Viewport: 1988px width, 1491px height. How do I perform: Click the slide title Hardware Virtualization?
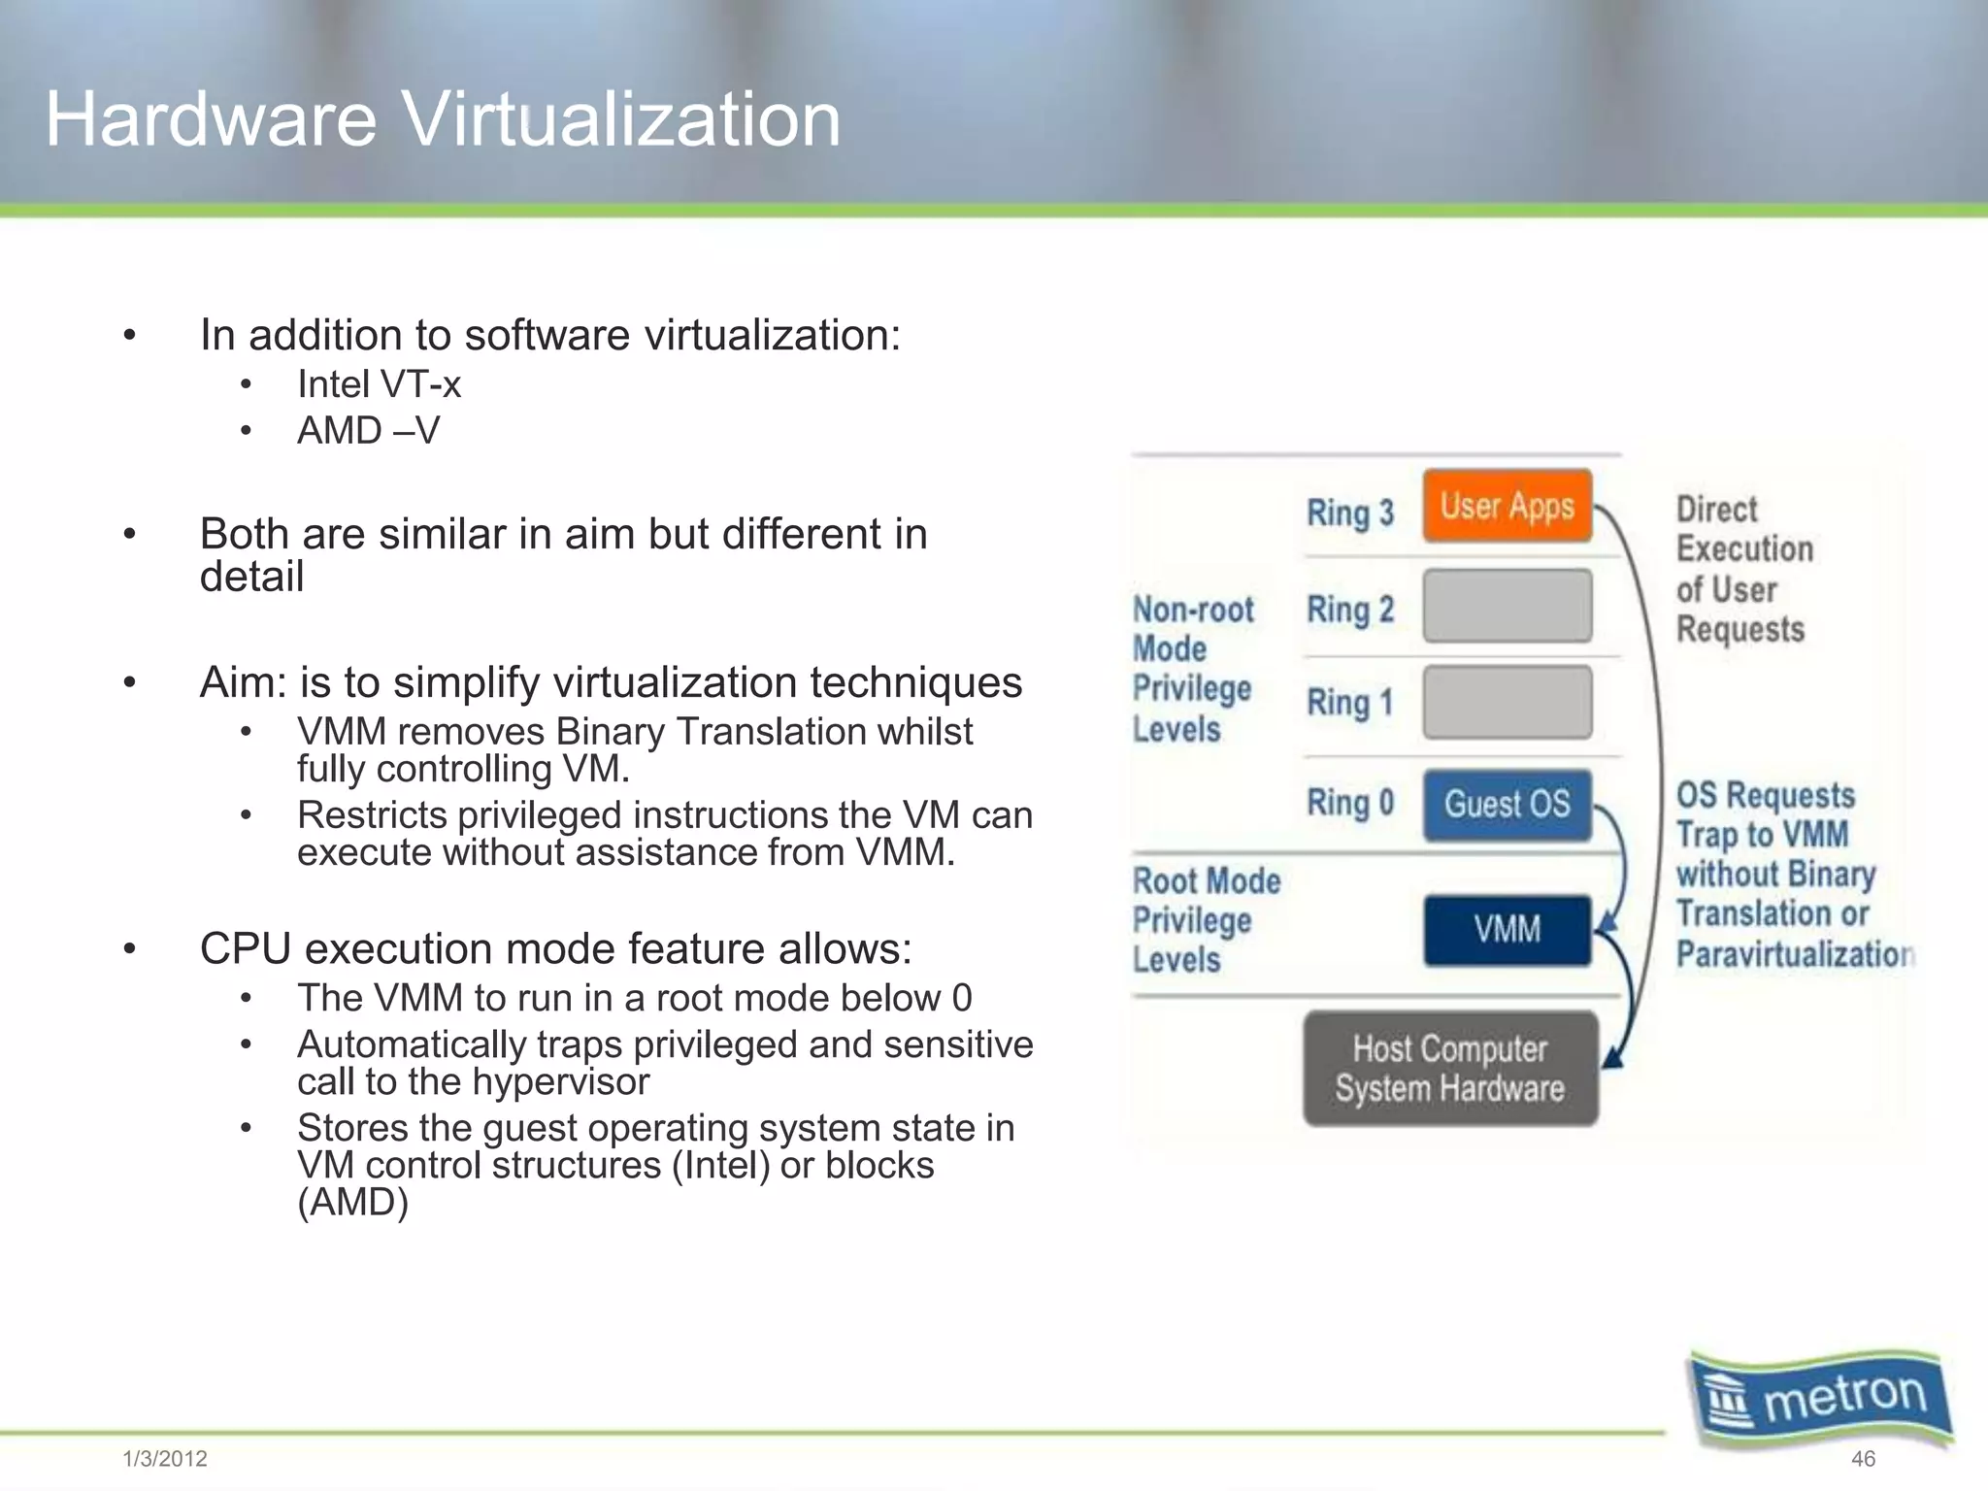443,118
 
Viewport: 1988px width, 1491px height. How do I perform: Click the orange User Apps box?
1507,506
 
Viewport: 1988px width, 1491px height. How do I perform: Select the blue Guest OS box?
1507,804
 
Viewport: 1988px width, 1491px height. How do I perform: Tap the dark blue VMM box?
1507,929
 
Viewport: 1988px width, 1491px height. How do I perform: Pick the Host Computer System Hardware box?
1449,1069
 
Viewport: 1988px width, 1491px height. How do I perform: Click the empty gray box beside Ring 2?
1507,607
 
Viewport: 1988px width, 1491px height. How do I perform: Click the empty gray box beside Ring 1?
1507,702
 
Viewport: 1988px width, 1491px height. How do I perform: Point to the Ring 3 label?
1349,513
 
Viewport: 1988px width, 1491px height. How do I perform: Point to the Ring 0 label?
1349,803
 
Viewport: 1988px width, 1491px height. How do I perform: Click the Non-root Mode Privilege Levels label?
1193,669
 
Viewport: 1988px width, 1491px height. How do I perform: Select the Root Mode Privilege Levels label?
1205,919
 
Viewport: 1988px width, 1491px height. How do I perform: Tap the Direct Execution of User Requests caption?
1743,569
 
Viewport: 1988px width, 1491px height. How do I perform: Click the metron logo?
1821,1398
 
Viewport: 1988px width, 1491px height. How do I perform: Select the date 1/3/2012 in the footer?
165,1458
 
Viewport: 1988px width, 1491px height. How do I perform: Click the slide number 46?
1863,1458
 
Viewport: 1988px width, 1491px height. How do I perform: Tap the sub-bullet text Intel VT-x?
379,384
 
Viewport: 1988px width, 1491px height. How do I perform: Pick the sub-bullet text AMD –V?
368,430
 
